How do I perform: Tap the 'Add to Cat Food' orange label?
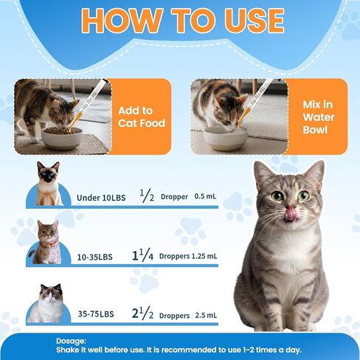point(141,116)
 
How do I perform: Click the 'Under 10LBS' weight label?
point(102,198)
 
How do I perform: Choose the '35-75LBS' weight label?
point(96,315)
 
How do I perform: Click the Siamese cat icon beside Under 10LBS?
point(49,185)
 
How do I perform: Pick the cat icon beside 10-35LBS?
point(48,243)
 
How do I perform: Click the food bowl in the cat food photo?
point(63,137)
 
